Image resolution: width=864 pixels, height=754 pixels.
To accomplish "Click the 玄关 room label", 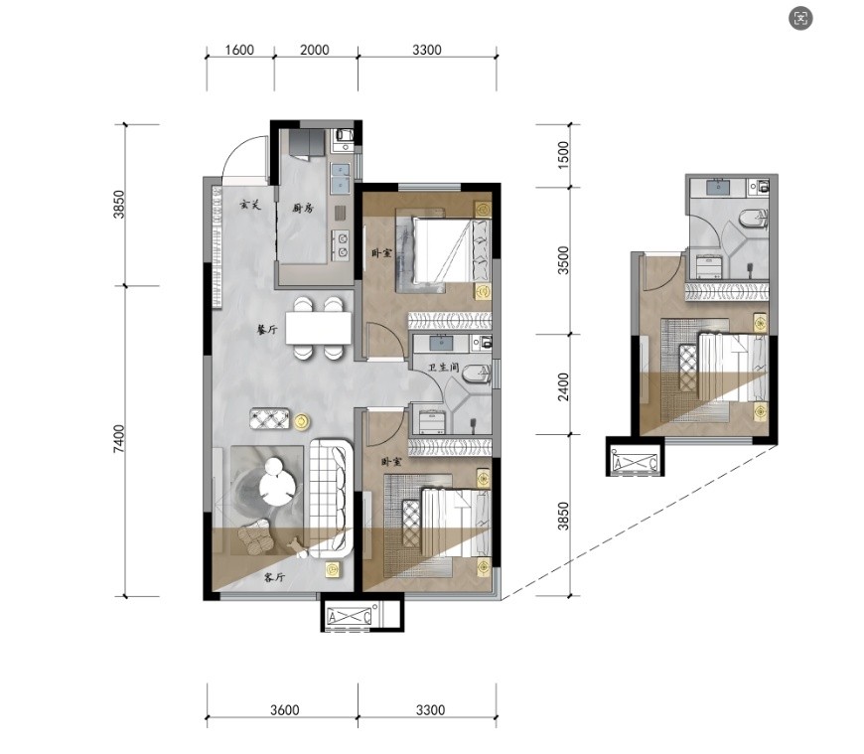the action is tap(249, 205).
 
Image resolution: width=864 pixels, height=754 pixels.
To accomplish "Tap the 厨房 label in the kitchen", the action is tap(303, 209).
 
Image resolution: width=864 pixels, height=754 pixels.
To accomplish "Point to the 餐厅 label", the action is tap(267, 330).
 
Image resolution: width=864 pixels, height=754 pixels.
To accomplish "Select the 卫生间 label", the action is tap(444, 368).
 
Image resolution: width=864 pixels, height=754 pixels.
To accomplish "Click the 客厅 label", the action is tap(274, 577).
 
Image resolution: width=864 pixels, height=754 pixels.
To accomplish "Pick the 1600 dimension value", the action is tap(239, 50).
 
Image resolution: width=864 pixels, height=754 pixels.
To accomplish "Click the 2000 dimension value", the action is tap(315, 50).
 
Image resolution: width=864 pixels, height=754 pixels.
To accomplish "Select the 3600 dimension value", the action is tap(285, 710).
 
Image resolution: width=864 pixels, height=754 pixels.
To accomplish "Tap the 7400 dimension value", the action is tap(119, 439).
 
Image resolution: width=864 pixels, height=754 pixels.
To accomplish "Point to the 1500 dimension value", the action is tap(562, 155).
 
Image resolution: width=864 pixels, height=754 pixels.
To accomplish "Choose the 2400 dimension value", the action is tap(562, 386).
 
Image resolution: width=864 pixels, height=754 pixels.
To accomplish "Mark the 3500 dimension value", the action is tap(562, 260).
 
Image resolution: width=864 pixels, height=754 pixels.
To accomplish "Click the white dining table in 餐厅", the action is tap(319, 328).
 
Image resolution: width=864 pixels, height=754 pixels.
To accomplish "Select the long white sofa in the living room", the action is tap(331, 498).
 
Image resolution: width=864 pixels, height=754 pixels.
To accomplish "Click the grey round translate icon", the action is tap(800, 19).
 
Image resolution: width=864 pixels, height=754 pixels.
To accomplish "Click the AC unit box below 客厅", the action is tap(350, 616).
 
